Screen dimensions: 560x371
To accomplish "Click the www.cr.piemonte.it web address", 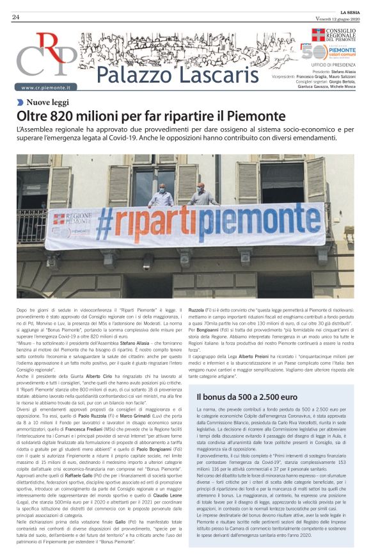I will [45, 87].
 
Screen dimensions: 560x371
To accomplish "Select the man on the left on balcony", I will [161, 195].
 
